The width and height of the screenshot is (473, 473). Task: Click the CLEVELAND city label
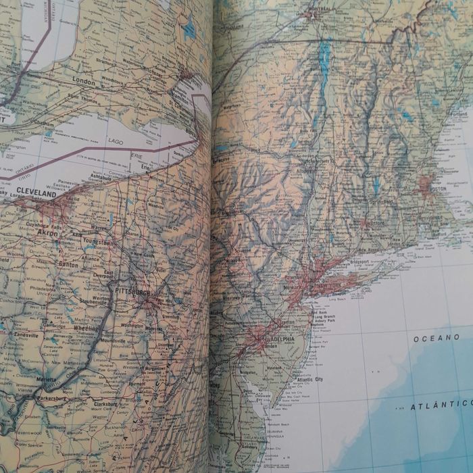38,193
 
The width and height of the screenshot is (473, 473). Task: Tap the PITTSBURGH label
131,291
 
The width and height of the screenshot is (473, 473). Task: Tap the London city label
83,81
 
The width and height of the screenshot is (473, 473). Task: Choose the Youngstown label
99,240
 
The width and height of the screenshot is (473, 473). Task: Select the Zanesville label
26,335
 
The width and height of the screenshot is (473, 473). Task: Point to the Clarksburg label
105,403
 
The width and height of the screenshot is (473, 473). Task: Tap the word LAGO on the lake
117,142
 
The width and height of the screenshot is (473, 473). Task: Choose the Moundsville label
112,341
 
